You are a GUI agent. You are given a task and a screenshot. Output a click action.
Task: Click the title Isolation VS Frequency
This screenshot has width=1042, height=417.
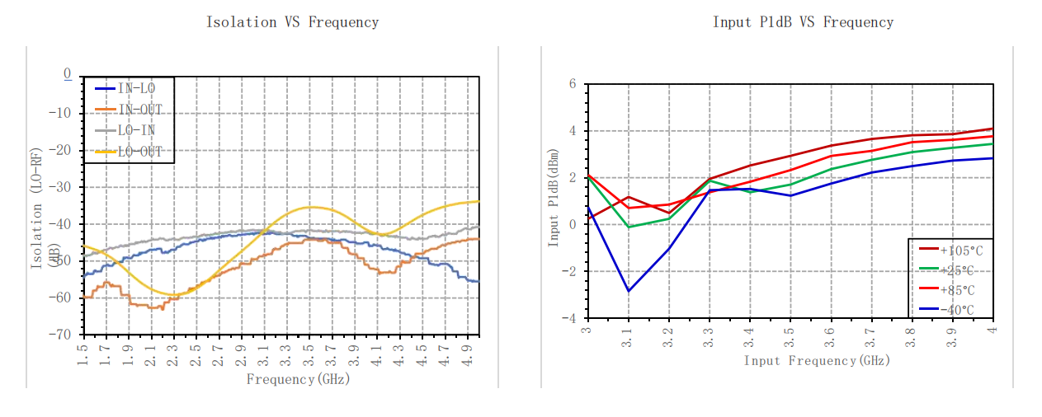(x=292, y=22)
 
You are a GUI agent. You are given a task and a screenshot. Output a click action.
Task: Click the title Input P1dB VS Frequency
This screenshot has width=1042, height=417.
(x=802, y=22)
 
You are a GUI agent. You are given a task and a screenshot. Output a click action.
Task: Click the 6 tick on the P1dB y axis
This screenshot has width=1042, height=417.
(x=572, y=84)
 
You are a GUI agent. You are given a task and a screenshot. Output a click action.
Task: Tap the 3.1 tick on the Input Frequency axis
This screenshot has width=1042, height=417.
(x=628, y=338)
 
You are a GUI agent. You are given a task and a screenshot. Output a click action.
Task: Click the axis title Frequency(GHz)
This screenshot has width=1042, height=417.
(x=298, y=379)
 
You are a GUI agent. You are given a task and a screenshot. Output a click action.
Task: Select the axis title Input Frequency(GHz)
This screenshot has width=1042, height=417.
(x=817, y=360)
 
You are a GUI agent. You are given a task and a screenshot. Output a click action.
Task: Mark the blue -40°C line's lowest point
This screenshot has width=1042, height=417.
(x=628, y=291)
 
